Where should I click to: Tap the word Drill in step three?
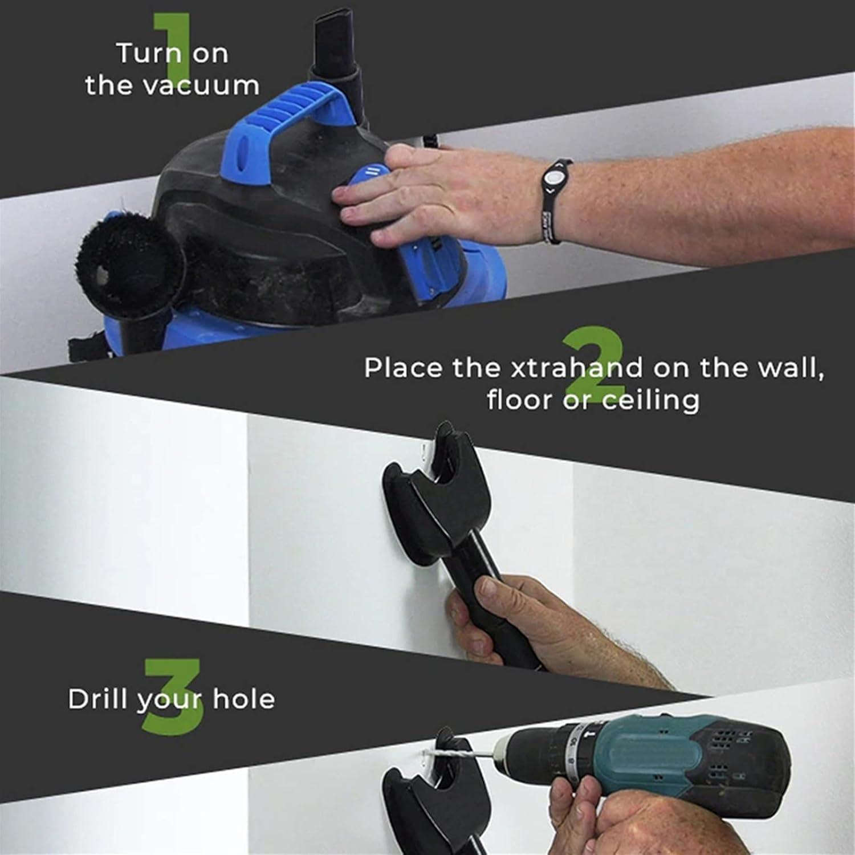click(97, 699)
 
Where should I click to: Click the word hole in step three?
click(243, 699)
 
